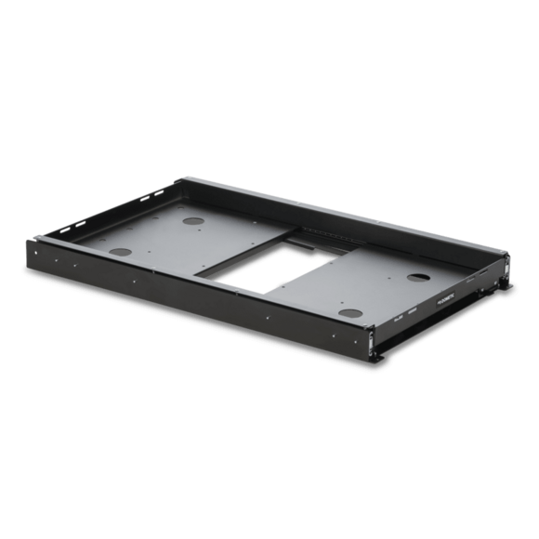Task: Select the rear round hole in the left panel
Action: coord(196,222)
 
